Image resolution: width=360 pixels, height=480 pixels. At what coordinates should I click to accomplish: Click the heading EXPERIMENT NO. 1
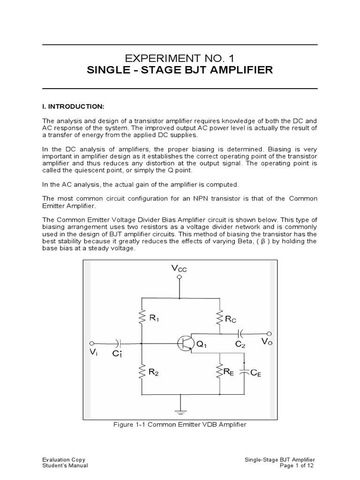coord(180,58)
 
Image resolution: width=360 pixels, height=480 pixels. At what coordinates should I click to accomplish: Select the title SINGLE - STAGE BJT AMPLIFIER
coord(180,71)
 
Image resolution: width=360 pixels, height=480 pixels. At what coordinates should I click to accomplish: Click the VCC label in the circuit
coord(179,268)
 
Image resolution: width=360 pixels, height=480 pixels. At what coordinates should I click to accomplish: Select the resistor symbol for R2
coord(141,373)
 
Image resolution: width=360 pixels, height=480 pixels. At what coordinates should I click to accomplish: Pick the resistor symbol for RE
coord(218,373)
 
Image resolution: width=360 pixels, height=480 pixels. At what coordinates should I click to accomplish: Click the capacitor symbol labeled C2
coord(240,334)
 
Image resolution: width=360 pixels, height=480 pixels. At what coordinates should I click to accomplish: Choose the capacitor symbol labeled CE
coord(244,373)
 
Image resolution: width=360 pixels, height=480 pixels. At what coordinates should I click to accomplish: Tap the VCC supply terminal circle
coord(179,277)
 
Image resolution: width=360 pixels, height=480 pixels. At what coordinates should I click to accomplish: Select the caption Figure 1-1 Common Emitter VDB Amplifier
coord(180,425)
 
